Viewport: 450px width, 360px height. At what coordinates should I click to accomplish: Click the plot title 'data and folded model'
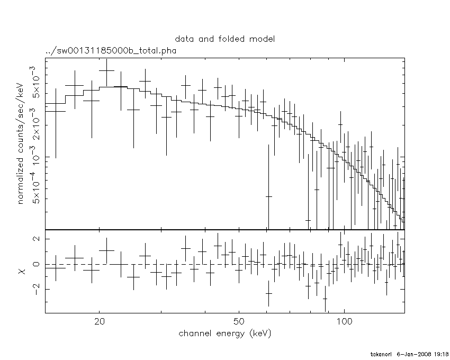tap(225, 39)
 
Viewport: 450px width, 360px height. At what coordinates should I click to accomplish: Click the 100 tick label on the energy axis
tap(344, 322)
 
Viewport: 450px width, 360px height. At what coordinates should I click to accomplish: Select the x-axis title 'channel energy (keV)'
tap(225, 334)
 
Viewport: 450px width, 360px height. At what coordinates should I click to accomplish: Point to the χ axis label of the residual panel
tap(22, 271)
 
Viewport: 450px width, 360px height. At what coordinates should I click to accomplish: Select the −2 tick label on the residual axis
tap(35, 290)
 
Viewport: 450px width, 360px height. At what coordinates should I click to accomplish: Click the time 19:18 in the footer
tap(441, 354)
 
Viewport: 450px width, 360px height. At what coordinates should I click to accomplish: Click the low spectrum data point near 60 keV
tap(268, 196)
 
